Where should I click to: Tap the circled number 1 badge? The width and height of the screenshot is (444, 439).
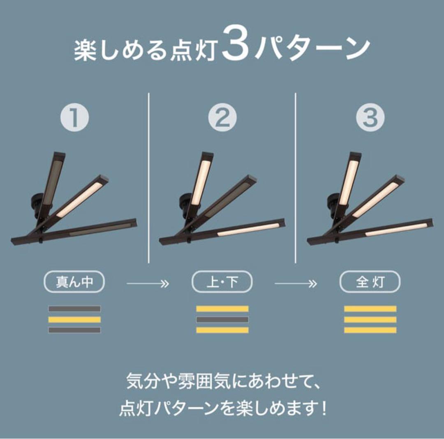tap(75, 118)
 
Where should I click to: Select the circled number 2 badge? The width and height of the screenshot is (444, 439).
tap(222, 118)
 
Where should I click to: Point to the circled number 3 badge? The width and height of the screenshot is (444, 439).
tap(370, 118)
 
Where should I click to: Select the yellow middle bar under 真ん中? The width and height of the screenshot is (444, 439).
tap(74, 319)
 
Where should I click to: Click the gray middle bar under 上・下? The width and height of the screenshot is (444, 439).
tap(222, 319)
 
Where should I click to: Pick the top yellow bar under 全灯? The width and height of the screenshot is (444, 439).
tap(370, 308)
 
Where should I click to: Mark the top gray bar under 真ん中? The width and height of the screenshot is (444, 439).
tap(74, 308)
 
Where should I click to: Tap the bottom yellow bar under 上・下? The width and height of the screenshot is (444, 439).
tap(222, 330)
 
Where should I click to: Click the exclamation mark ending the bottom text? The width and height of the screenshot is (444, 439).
tap(324, 409)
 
